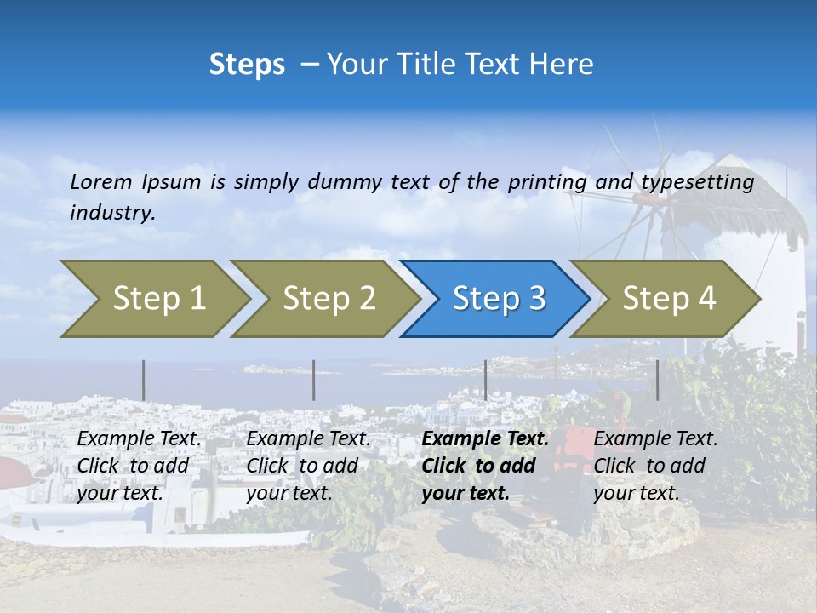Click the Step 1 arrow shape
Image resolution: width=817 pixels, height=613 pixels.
(x=158, y=299)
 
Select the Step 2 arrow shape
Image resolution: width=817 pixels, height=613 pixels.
(x=329, y=299)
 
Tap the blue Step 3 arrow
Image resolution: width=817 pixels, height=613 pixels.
(x=499, y=299)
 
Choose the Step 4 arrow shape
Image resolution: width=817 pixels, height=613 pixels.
(x=669, y=299)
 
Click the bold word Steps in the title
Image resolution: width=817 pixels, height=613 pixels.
(x=247, y=65)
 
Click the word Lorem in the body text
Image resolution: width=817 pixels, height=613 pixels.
(x=101, y=182)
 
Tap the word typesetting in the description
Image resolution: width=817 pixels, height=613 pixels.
(x=697, y=182)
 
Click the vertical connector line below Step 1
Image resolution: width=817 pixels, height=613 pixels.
(x=143, y=380)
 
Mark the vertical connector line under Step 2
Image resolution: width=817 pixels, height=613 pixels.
(x=314, y=380)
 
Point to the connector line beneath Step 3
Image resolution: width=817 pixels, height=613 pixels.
(x=485, y=380)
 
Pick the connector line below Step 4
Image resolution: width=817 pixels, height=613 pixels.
(x=657, y=380)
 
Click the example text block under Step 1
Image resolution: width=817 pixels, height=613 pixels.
(x=139, y=466)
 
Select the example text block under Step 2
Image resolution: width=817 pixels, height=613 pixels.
(x=308, y=466)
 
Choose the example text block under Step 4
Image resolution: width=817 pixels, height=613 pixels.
(x=655, y=466)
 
